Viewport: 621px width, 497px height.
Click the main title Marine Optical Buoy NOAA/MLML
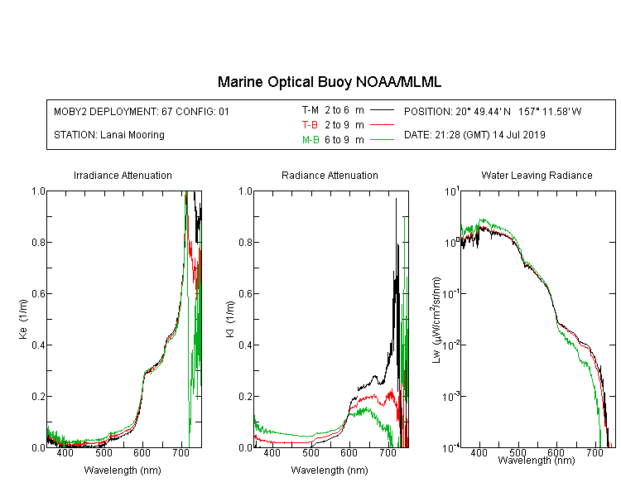tap(329, 82)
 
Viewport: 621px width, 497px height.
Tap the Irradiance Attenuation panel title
tap(123, 175)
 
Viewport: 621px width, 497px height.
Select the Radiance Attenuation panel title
tap(330, 175)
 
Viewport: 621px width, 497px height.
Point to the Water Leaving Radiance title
tap(537, 175)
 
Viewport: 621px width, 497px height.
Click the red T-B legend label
tap(310, 125)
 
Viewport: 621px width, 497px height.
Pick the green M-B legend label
tap(310, 140)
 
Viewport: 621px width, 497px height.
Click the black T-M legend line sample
tap(382, 110)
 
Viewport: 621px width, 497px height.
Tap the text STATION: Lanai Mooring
tap(109, 135)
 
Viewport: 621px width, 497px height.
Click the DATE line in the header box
tap(474, 135)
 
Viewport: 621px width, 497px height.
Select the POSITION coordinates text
tap(493, 112)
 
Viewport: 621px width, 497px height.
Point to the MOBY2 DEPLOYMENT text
tap(142, 112)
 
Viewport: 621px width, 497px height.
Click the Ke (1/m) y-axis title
tap(23, 319)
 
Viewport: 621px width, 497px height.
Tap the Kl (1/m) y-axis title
tap(230, 319)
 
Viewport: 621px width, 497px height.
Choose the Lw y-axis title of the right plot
tap(436, 320)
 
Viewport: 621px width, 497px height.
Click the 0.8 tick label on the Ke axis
tap(38, 242)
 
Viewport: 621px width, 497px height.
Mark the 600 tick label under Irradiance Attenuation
tap(142, 452)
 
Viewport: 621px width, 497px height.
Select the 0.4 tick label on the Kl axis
tap(245, 345)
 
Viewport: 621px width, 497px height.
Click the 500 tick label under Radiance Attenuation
tap(310, 452)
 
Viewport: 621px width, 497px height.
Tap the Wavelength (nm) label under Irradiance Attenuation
tap(123, 470)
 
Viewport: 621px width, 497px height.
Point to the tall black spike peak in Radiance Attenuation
tap(396, 199)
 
